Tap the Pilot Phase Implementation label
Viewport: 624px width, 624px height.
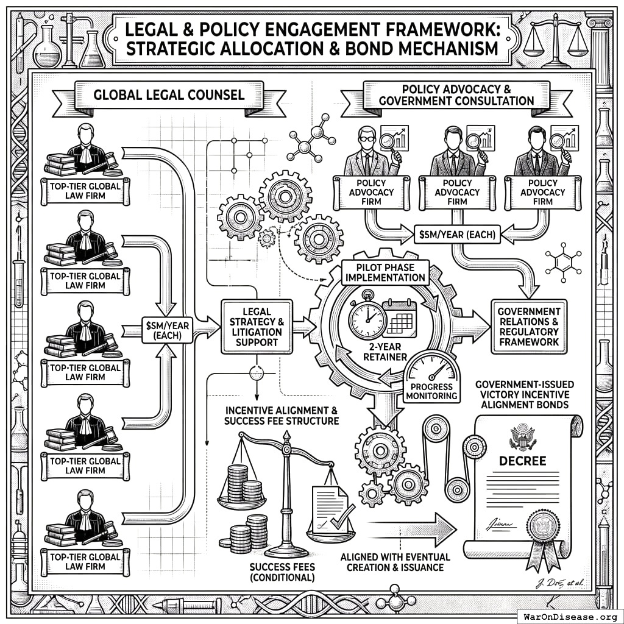coord(385,271)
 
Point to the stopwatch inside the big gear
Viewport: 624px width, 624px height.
coord(367,316)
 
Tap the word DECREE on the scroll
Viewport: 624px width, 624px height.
coord(522,460)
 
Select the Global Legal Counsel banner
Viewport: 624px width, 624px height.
coord(169,95)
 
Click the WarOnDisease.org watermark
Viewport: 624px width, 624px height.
coord(570,616)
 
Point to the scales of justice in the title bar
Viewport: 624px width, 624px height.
coord(559,40)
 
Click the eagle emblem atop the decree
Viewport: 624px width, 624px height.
coord(522,436)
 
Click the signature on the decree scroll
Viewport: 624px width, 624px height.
coord(500,523)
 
